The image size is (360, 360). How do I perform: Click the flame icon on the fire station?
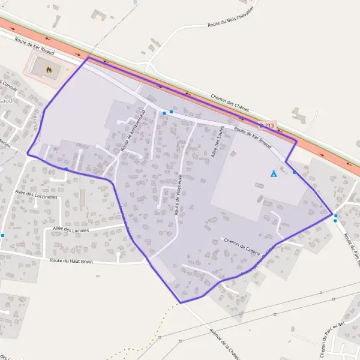tap(49, 69)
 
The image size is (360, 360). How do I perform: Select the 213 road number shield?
tap(269, 125)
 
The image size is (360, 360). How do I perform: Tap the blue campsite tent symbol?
tap(274, 173)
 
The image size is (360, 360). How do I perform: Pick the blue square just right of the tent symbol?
tap(294, 173)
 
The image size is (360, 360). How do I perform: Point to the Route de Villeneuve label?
tap(178, 194)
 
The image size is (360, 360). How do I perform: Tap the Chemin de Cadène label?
tap(241, 245)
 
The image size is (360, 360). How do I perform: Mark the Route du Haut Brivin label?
tap(74, 261)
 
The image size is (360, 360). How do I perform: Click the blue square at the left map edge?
tap(2, 235)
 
